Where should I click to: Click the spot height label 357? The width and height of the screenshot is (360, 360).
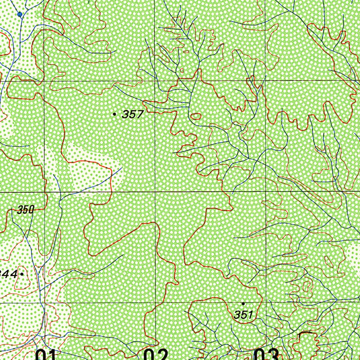click(x=133, y=114)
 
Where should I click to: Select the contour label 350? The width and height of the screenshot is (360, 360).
click(x=26, y=210)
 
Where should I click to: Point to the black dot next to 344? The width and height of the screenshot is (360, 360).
click(x=22, y=274)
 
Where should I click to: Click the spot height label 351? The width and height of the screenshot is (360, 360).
click(x=243, y=315)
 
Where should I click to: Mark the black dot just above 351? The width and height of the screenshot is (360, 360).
click(x=243, y=303)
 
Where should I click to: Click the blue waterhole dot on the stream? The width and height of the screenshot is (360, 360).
click(x=20, y=14)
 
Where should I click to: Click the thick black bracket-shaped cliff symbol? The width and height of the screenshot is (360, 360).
click(x=305, y=333)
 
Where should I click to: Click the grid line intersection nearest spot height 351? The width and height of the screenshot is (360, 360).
click(x=265, y=302)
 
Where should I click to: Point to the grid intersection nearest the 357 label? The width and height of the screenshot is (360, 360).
click(x=155, y=81)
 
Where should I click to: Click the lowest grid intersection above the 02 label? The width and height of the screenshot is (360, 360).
click(x=155, y=302)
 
